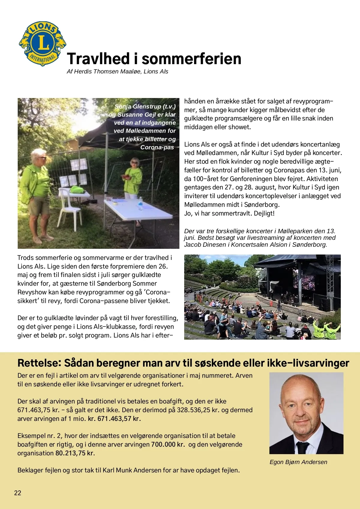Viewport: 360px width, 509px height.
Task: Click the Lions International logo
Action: [43, 43]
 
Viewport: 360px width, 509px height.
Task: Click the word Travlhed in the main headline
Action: [98, 59]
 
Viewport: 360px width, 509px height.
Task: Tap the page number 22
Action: [18, 493]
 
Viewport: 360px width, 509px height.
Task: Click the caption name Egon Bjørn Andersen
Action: [298, 462]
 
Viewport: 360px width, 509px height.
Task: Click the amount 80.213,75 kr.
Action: [75, 453]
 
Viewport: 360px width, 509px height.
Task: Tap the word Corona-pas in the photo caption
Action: [157, 147]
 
